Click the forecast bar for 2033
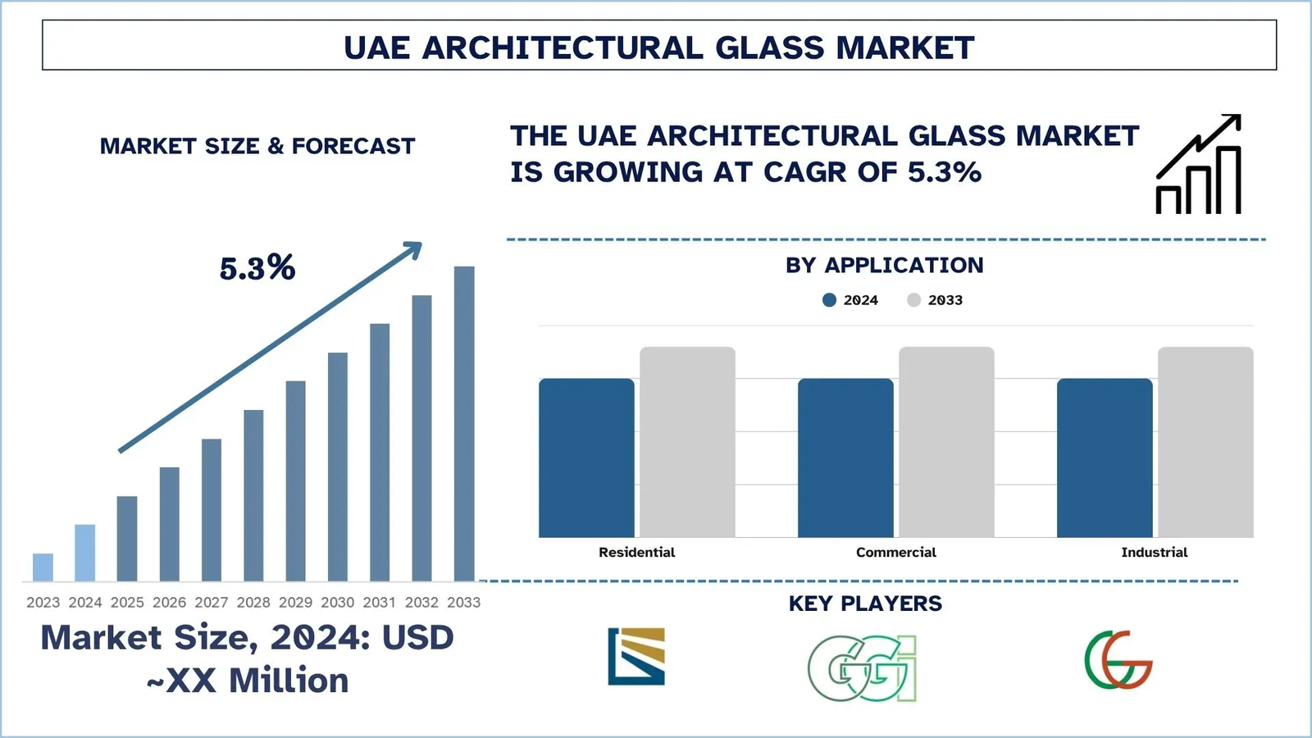(464, 423)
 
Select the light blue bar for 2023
(43, 567)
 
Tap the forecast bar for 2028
(253, 495)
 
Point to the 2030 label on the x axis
(338, 603)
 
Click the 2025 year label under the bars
(127, 603)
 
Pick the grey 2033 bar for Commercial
(946, 442)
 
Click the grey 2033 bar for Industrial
(1205, 442)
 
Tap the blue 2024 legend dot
(829, 300)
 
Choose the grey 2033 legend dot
(913, 300)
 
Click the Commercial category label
(895, 553)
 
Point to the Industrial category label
(1154, 553)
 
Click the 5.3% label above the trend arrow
(257, 268)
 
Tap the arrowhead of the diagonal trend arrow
(414, 248)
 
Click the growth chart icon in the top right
(1199, 165)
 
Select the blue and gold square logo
(636, 656)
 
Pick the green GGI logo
(862, 668)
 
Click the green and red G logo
(1118, 660)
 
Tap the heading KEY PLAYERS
(865, 604)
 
